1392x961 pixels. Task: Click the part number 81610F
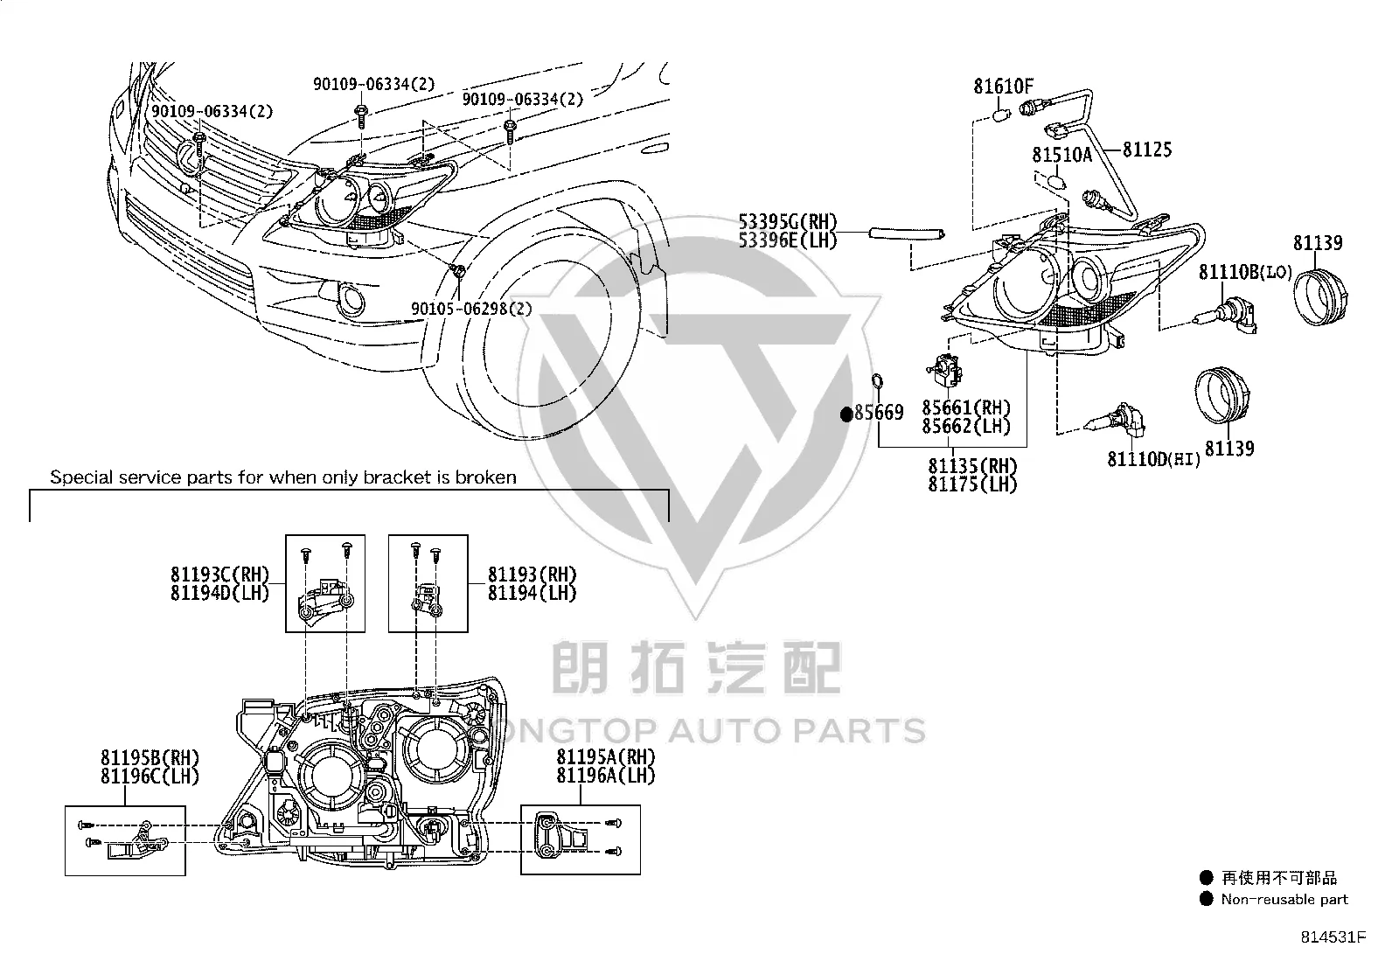click(x=1003, y=87)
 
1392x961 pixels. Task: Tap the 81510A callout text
click(x=1061, y=155)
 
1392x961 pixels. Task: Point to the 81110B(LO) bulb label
click(x=1245, y=272)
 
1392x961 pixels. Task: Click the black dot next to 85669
click(x=846, y=414)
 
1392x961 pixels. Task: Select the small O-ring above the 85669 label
click(x=877, y=380)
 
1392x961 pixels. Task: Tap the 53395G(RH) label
click(x=787, y=222)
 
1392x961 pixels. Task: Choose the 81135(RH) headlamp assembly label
click(x=972, y=466)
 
